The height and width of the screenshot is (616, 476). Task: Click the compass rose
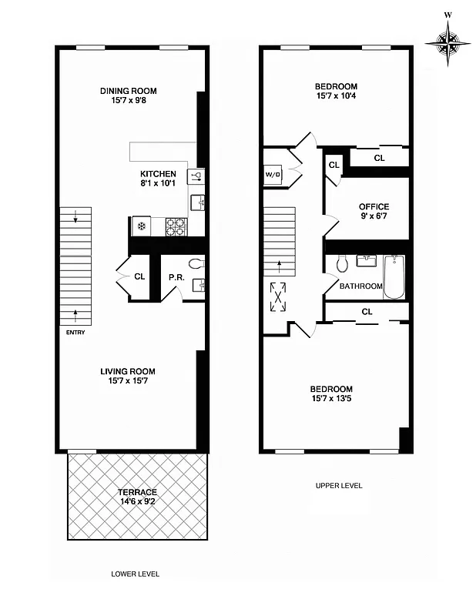tap(446, 38)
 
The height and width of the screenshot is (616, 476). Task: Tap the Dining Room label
tap(129, 92)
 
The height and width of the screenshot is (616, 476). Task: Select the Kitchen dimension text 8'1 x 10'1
tap(158, 184)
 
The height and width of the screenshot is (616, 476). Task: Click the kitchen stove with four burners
tap(176, 226)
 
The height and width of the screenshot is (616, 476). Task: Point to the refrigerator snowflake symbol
tap(142, 226)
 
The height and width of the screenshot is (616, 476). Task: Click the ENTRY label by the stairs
tap(75, 332)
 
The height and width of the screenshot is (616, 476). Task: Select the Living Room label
tap(128, 371)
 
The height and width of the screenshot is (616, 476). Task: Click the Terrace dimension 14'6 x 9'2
tap(137, 502)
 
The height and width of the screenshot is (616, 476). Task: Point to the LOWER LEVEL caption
tap(135, 574)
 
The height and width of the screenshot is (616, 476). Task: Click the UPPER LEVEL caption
tap(338, 486)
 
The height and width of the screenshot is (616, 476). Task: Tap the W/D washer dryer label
tap(273, 174)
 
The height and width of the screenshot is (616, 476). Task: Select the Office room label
tap(374, 206)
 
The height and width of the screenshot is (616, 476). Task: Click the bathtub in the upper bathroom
tap(394, 277)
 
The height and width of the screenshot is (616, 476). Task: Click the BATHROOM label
tap(361, 286)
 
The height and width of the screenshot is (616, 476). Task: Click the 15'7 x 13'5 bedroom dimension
tap(333, 399)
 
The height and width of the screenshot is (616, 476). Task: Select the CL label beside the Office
tap(334, 165)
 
